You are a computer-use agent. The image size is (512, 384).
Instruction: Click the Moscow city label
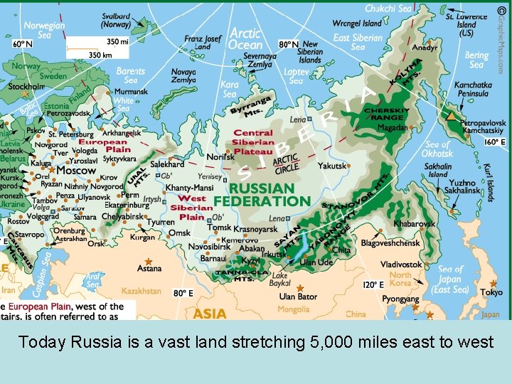[76, 171]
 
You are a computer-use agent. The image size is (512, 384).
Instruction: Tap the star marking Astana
[149, 262]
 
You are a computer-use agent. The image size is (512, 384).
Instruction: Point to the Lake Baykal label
[280, 279]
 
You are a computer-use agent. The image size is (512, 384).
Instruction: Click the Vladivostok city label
[401, 264]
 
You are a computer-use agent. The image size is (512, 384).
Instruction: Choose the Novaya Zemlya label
[183, 75]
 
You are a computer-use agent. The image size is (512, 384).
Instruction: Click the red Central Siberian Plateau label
[253, 142]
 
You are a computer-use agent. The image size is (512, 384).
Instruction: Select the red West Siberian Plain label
[192, 207]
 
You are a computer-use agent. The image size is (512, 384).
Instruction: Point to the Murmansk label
[131, 92]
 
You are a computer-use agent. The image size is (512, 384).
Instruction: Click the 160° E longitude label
[494, 142]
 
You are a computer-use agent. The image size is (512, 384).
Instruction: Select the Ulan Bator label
[298, 296]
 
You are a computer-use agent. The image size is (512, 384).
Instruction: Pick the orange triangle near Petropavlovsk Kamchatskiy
[450, 115]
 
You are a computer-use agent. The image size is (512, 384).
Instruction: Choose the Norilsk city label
[220, 156]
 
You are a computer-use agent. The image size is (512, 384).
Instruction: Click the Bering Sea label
[476, 60]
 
